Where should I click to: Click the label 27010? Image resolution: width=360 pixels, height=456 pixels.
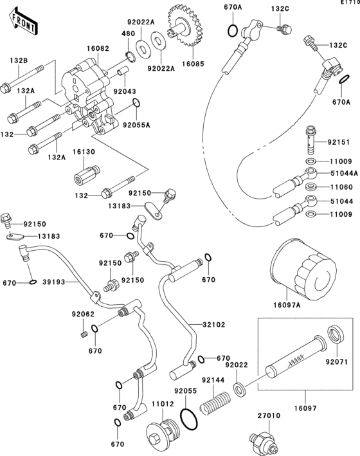[x=270, y=415]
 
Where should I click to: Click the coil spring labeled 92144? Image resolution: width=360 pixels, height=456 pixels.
[x=215, y=408]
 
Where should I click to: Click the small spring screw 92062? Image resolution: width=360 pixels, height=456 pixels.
[x=83, y=334]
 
